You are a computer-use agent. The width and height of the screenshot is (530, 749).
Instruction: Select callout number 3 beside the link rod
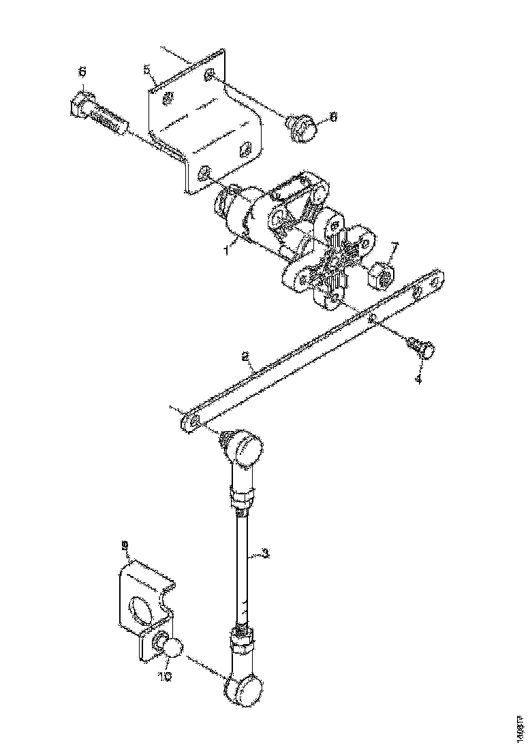(266, 554)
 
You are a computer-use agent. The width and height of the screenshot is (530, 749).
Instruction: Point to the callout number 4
(419, 378)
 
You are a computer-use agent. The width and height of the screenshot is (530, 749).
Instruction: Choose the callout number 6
(83, 71)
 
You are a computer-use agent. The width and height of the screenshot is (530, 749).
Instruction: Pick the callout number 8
(333, 117)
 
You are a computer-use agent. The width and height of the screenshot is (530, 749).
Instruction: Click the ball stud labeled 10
(171, 647)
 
